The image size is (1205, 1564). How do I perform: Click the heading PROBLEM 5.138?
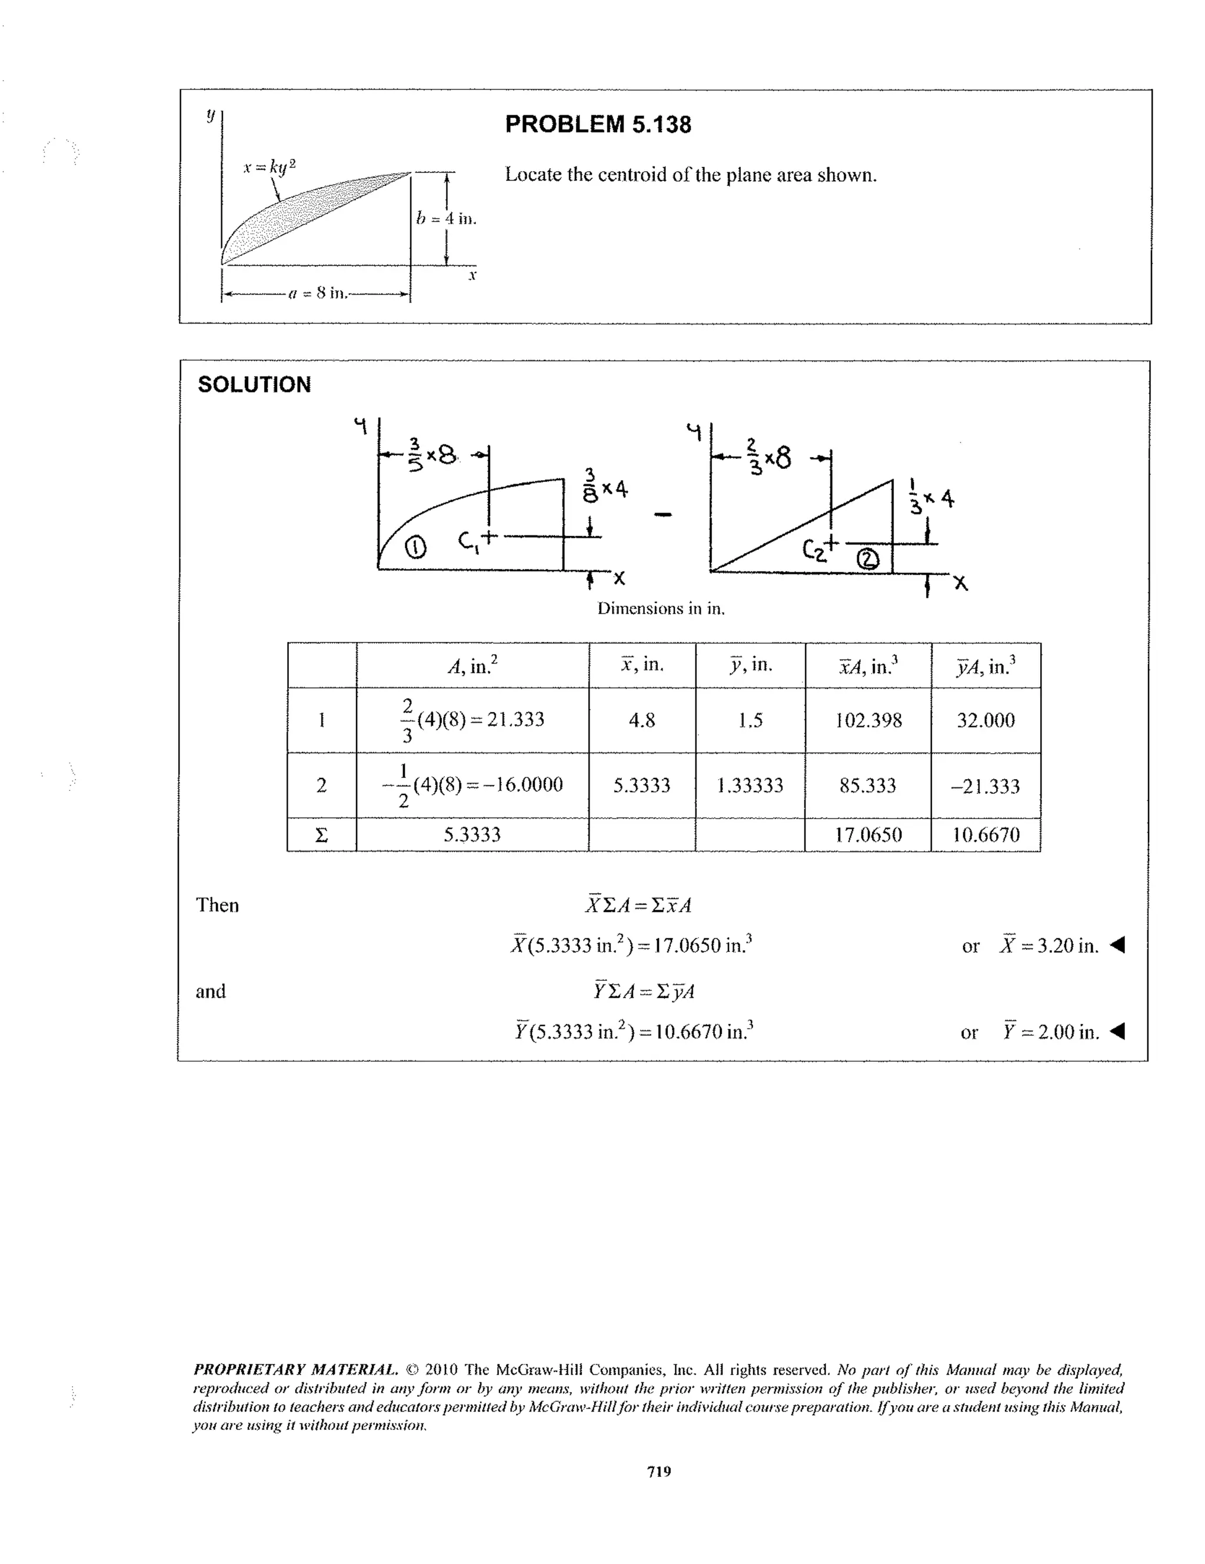(598, 125)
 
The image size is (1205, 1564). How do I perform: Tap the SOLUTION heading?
(254, 385)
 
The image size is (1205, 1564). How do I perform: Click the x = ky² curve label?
(268, 167)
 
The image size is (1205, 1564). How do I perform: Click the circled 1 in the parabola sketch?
(415, 548)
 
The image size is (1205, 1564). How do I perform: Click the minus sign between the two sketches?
(664, 514)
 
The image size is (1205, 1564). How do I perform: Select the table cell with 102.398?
(868, 720)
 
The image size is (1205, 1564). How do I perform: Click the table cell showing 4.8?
(641, 720)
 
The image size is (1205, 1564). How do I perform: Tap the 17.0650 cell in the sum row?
(868, 835)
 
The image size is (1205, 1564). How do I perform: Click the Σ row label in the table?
(321, 835)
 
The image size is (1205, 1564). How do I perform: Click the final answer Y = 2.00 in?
(1050, 1032)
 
